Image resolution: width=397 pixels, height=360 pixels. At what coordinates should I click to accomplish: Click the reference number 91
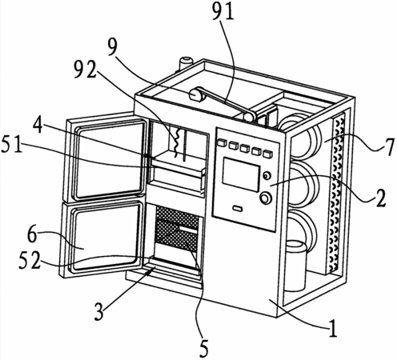click(223, 12)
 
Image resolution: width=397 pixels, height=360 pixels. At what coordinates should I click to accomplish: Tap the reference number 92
click(85, 70)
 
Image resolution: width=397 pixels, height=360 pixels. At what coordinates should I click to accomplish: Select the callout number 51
click(12, 144)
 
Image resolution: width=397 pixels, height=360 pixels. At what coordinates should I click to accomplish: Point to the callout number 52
click(30, 261)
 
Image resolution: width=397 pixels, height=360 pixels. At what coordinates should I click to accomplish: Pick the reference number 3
click(99, 311)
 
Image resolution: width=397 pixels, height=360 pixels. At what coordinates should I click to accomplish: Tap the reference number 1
click(333, 329)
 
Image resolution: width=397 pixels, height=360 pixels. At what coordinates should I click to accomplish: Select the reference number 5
click(203, 349)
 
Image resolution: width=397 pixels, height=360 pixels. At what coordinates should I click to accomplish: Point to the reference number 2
click(380, 198)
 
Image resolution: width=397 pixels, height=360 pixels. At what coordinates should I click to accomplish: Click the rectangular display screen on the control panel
click(241, 174)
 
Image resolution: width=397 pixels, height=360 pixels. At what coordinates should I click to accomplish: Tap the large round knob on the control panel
click(266, 198)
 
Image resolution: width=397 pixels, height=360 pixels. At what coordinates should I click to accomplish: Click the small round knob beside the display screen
click(267, 175)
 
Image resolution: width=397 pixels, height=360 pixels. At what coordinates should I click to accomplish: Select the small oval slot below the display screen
click(237, 208)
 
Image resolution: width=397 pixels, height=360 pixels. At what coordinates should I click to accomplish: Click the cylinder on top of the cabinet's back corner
click(185, 63)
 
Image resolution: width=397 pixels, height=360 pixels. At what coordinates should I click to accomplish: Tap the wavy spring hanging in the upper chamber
click(177, 142)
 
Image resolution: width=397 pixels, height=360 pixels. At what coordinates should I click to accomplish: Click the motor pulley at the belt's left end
click(197, 94)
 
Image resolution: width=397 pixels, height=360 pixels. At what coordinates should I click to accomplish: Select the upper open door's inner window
click(110, 159)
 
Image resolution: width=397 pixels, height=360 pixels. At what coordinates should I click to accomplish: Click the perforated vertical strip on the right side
click(336, 193)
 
